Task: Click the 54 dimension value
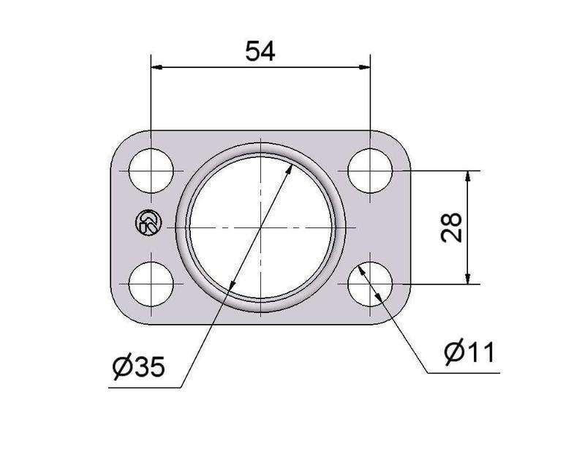pos(260,51)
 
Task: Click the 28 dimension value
pos(451,227)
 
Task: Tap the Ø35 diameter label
pos(138,367)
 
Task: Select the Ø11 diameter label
pos(469,352)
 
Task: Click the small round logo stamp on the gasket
pos(148,223)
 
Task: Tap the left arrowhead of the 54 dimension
pos(156,67)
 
